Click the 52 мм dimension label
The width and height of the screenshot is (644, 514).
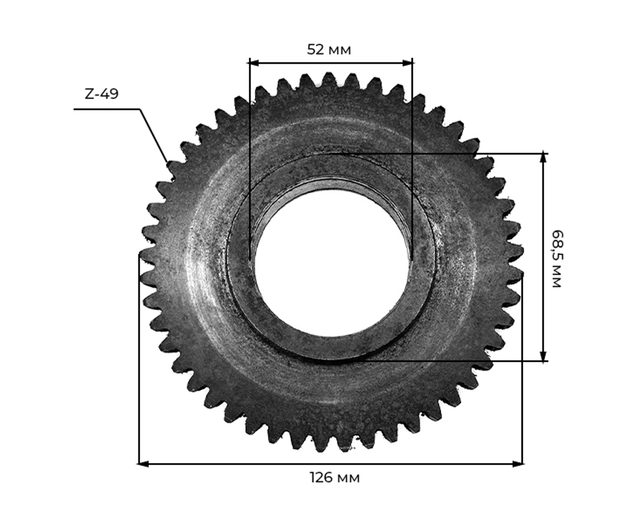[x=329, y=50]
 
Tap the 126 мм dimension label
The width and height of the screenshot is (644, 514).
[x=335, y=478]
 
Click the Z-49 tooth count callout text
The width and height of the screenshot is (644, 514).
[x=102, y=94]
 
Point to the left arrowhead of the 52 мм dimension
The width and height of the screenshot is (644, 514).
[x=254, y=63]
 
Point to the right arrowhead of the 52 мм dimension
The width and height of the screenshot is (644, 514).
[x=408, y=63]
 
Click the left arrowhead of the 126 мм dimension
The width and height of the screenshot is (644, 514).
[x=142, y=464]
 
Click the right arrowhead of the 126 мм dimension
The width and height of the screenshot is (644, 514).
[x=518, y=464]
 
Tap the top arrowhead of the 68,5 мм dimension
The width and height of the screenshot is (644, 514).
[x=544, y=159]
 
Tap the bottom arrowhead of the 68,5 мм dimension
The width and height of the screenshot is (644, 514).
[x=544, y=356]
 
